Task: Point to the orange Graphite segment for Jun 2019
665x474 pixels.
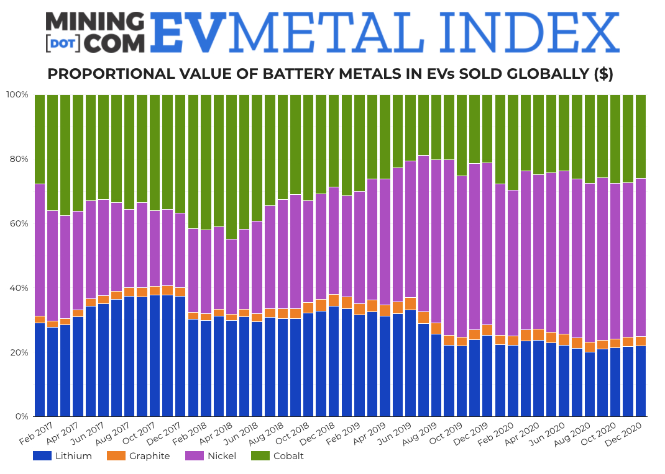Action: click(x=410, y=303)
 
